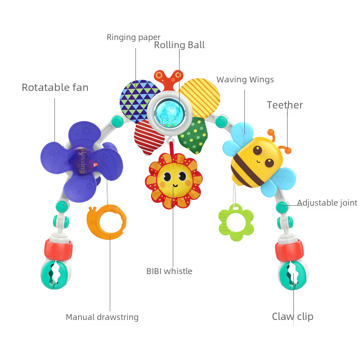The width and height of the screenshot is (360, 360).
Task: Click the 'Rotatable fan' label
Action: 55,87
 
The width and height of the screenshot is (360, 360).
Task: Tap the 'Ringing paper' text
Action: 133,37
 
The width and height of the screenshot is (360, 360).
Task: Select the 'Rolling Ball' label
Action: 179,45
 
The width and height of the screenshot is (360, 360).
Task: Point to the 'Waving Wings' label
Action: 245,80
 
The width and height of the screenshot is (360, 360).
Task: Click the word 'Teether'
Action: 284,105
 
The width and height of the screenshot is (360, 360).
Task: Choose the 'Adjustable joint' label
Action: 327,203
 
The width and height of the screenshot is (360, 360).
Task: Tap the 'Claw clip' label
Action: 292,317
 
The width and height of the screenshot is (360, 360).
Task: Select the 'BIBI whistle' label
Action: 169,271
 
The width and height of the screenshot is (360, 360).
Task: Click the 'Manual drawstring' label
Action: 102,317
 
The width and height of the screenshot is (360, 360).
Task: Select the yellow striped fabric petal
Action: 201,94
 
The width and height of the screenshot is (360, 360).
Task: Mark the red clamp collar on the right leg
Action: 289,250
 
